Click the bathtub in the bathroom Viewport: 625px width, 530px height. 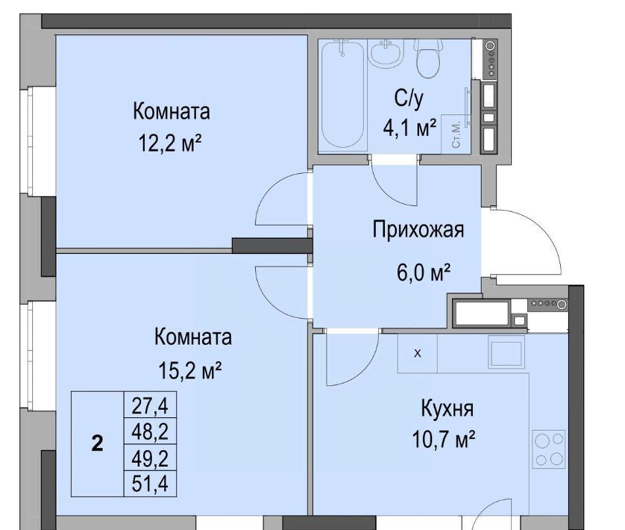pos(343,94)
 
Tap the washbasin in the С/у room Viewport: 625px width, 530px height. pos(386,53)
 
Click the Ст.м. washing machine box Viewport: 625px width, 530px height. pos(456,134)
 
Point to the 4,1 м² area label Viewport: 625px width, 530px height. pos(409,128)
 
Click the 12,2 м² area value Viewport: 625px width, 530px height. pos(170,143)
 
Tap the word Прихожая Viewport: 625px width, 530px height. pos(418,230)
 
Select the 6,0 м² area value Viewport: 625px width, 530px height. pos(424,272)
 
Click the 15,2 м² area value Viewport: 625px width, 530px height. pos(190,370)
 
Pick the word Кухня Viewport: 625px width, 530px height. pos(447,408)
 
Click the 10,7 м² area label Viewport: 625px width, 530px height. pos(443,439)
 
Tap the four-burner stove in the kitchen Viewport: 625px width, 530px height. pos(550,448)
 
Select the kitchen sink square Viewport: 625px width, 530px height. pos(506,354)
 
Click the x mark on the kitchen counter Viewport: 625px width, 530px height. pos(418,353)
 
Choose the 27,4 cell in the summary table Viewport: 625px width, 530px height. pos(150,405)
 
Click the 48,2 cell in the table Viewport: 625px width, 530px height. pos(150,431)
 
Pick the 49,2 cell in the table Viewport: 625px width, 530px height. pos(150,458)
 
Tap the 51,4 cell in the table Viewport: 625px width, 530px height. pos(150,484)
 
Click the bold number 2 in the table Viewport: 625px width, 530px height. pos(97,443)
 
